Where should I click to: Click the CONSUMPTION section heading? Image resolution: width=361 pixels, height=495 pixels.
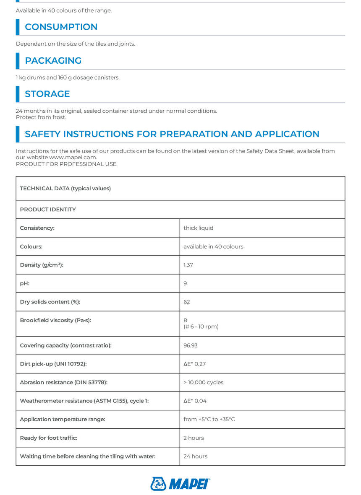[x=61, y=27]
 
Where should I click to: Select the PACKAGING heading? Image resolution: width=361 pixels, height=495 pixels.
[x=53, y=60]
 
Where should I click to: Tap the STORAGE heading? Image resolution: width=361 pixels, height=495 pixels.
[x=47, y=94]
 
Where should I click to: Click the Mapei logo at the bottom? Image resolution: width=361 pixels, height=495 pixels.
[x=180, y=484]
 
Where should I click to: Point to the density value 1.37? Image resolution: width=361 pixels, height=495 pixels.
[x=188, y=265]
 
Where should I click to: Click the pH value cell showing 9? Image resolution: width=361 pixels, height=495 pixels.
[x=186, y=283]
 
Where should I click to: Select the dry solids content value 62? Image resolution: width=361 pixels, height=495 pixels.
[x=187, y=302]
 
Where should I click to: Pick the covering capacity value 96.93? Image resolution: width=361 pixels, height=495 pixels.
[x=191, y=345]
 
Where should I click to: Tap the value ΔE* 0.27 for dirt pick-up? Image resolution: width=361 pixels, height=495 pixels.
[x=194, y=364]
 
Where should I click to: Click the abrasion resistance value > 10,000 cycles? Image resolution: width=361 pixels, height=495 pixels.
[x=203, y=382]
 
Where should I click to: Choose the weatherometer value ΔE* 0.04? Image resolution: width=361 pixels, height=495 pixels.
[x=195, y=401]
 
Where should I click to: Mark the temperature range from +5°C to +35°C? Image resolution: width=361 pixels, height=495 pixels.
[x=209, y=419]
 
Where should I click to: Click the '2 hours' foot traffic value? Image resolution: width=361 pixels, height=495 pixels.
[x=194, y=438]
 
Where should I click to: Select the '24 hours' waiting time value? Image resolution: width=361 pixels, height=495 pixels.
[x=195, y=456]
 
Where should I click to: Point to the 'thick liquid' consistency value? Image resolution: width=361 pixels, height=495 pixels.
[x=198, y=228]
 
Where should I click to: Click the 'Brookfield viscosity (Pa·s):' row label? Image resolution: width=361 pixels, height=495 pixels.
[x=55, y=320]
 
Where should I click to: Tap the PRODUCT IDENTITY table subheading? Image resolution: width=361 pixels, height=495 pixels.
[x=48, y=210]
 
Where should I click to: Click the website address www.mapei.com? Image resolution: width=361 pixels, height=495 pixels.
[x=73, y=157]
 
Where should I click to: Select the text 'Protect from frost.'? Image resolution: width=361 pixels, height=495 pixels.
[x=41, y=117]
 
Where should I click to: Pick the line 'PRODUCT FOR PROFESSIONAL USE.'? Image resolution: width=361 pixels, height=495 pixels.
[x=67, y=164]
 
